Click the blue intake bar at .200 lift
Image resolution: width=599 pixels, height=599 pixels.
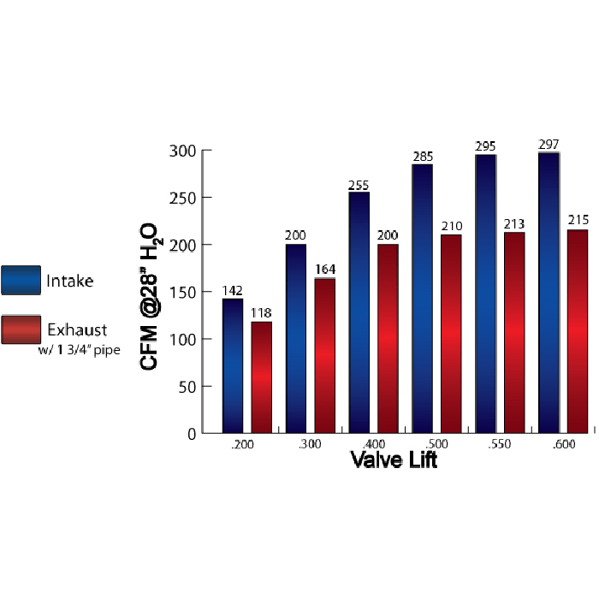tap(233, 365)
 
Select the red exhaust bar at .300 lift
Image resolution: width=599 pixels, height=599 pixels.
tap(324, 355)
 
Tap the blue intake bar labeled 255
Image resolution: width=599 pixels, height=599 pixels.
tap(359, 312)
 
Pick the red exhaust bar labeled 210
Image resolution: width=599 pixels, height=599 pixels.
tap(451, 334)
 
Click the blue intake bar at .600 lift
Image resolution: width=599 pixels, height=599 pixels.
tap(549, 293)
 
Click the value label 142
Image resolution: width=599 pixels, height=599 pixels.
tap(233, 291)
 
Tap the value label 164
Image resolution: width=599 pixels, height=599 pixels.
tap(325, 270)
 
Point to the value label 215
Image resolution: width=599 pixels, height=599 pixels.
tap(578, 221)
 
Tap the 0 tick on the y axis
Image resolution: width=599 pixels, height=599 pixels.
tap(193, 434)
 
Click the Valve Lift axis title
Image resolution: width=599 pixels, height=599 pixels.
tap(394, 460)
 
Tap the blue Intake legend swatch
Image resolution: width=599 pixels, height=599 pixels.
tap(21, 280)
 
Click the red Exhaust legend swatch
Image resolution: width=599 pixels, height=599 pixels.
tap(21, 329)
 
